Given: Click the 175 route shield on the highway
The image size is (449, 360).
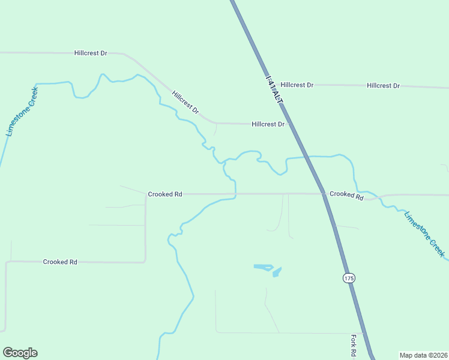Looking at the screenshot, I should pos(349,278).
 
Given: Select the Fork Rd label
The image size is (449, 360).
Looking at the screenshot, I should pos(354,346).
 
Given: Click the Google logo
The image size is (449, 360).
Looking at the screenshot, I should pos(20,353).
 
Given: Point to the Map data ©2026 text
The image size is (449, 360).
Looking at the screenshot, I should pos(423,355).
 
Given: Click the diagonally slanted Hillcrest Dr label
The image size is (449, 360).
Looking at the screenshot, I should pos(185,103).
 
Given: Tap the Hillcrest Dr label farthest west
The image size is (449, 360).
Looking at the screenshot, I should pos(91,53).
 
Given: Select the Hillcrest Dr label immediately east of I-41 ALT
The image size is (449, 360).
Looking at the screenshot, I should pos(297,85).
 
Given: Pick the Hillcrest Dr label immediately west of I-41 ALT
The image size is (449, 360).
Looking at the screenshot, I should pos(268,124).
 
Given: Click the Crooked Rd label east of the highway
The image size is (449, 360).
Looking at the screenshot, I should pos(346,195).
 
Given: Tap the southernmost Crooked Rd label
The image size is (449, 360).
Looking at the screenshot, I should pos(60,262).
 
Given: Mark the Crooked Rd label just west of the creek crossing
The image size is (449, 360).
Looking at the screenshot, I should pos(165,194).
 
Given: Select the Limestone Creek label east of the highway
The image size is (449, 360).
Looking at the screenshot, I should pos(425,234).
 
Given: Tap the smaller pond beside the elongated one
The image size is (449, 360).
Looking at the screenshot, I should pos(277,272).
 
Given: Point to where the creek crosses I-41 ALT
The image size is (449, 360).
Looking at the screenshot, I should pos(307,157).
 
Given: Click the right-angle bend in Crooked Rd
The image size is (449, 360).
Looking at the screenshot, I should pos(145,261).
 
